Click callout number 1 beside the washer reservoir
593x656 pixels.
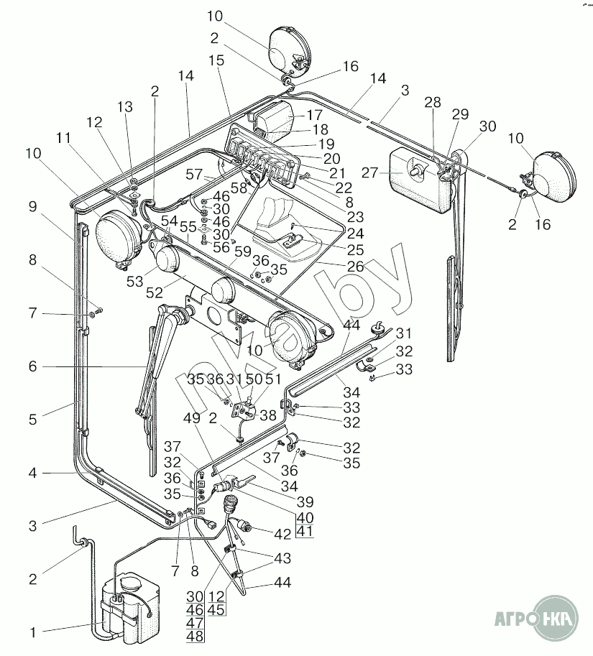click(32, 633)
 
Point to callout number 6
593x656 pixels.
click(32, 366)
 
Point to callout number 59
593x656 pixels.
click(242, 252)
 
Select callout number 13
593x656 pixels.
click(126, 107)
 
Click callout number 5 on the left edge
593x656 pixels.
click(32, 420)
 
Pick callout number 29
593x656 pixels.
click(460, 115)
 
